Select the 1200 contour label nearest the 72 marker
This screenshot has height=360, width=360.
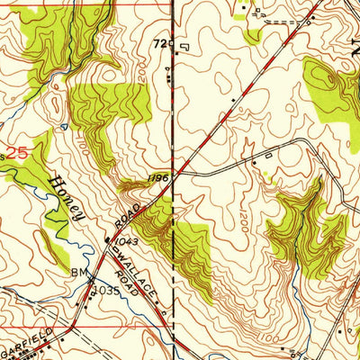coord(171,76)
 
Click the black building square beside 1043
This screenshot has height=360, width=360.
coord(108,240)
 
